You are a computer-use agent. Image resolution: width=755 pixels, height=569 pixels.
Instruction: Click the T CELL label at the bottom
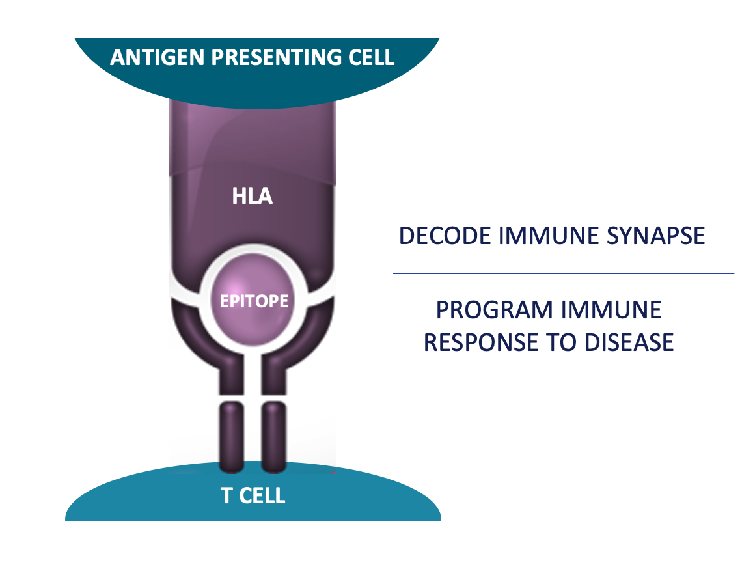point(253,495)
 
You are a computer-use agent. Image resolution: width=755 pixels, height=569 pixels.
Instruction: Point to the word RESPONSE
point(480,342)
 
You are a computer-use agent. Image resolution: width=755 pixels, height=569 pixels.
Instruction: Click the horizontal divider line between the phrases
point(564,273)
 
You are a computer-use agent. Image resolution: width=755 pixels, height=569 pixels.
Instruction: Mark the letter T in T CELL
point(226,495)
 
